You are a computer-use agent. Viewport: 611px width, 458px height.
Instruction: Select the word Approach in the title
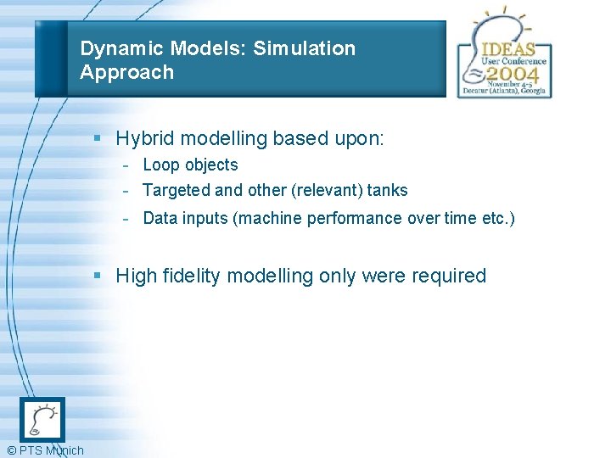click(126, 72)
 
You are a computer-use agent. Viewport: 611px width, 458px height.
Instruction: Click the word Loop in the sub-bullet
click(161, 165)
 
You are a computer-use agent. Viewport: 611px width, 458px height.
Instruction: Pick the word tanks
click(387, 190)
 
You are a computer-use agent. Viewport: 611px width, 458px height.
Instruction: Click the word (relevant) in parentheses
click(321, 190)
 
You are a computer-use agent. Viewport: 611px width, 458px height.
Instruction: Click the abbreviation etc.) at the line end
click(497, 218)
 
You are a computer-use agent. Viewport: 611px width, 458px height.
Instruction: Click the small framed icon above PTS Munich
click(42, 419)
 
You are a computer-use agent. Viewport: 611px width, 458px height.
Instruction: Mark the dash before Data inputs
click(125, 218)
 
